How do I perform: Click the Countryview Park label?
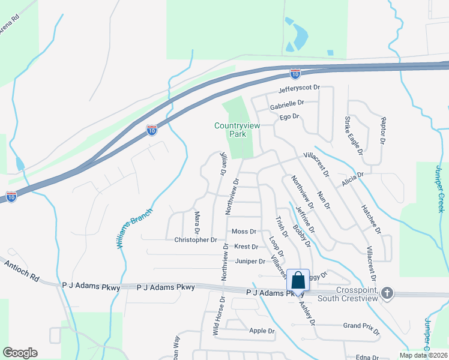tap(239, 130)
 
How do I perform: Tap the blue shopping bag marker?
tap(298, 280)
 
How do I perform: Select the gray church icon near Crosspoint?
tap(388, 293)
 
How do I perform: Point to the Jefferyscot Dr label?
tap(299, 89)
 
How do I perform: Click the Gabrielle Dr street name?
tap(287, 103)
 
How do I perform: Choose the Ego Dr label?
tap(289, 116)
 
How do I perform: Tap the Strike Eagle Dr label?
tap(354, 136)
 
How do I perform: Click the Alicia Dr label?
tap(352, 179)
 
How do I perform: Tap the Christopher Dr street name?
tap(195, 240)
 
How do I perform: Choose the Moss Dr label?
tap(244, 232)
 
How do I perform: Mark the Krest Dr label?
tap(246, 247)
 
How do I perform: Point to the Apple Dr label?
tap(261, 331)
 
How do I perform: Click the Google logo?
tap(20, 353)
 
